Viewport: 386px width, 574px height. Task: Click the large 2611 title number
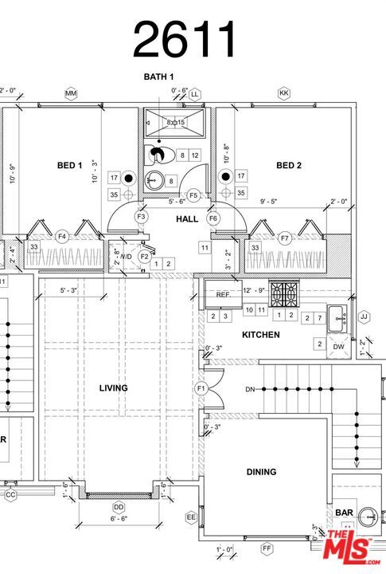(x=185, y=40)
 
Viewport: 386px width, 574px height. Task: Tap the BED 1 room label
(x=70, y=166)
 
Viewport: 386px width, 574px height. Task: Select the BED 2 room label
(x=289, y=166)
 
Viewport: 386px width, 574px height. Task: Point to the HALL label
(x=187, y=218)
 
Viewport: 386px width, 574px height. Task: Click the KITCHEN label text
(x=260, y=335)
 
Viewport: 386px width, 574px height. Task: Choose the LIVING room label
(x=113, y=388)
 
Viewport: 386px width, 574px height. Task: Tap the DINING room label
(x=260, y=472)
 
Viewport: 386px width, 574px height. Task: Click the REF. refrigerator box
(x=223, y=294)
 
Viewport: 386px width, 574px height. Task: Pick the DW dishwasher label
(x=339, y=347)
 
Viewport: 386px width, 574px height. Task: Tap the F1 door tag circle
(x=201, y=388)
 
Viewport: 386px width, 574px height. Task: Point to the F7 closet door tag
(x=285, y=238)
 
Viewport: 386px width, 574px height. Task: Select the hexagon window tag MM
(x=71, y=94)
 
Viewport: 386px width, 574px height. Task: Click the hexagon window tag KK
(x=283, y=94)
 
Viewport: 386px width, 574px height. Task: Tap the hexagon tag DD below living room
(x=119, y=507)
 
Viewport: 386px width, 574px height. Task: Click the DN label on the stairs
(x=250, y=389)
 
